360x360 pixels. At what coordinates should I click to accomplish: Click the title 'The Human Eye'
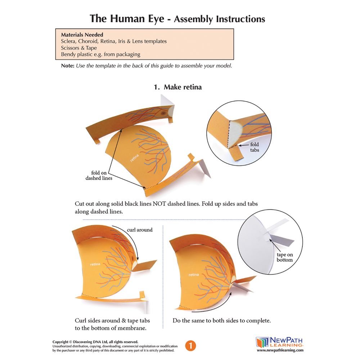click(128, 18)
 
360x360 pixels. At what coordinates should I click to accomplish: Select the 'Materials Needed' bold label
click(82, 35)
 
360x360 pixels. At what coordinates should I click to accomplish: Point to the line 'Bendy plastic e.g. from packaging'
click(100, 54)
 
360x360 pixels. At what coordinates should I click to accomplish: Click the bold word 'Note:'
click(68, 66)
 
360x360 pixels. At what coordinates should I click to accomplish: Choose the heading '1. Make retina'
click(178, 87)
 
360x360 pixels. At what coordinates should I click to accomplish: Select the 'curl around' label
click(140, 230)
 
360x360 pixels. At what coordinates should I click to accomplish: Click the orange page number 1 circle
click(191, 346)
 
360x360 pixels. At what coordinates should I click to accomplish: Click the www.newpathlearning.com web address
click(280, 350)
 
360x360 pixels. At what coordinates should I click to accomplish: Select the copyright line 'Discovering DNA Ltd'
click(95, 342)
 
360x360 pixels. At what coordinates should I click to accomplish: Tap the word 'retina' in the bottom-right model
click(194, 275)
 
